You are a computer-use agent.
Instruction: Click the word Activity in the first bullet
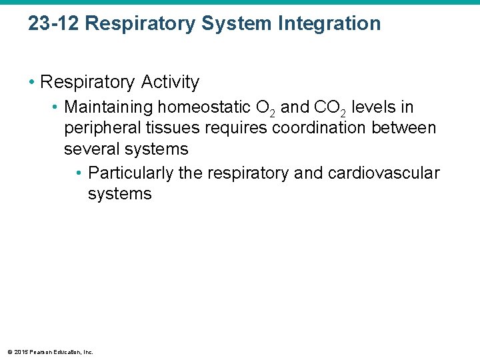(170, 82)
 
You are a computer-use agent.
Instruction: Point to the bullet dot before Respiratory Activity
(32, 83)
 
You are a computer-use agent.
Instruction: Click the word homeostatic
(204, 107)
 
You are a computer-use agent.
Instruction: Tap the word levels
(382, 107)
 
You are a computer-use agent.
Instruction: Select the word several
(91, 149)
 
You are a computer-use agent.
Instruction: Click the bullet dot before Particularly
(79, 174)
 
